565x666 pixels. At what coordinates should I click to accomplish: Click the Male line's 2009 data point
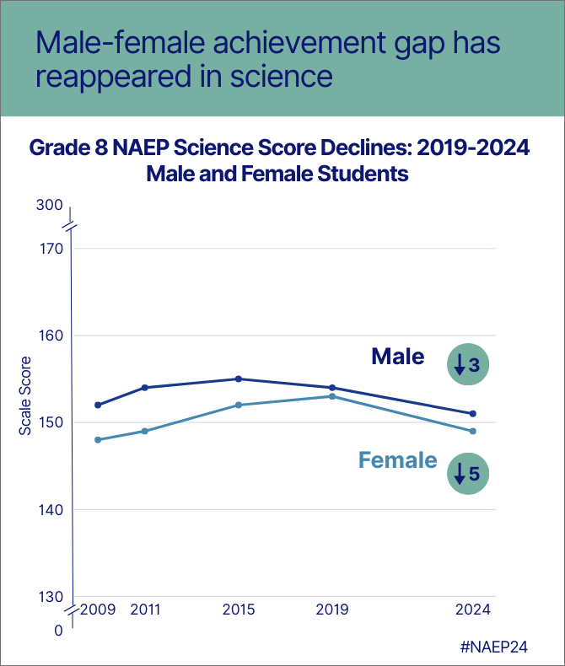click(x=98, y=405)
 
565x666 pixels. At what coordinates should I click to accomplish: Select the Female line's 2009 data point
click(x=98, y=439)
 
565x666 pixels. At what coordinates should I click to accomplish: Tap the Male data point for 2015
click(x=239, y=379)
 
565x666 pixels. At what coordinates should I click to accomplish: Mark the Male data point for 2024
click(x=473, y=413)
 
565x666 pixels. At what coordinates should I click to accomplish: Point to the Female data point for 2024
click(x=473, y=431)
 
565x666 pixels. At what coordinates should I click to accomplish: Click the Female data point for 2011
click(x=145, y=431)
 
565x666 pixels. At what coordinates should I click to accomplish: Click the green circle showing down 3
click(x=467, y=364)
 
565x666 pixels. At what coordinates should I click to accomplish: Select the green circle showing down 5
click(x=467, y=473)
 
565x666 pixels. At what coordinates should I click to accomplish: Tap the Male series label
click(x=398, y=357)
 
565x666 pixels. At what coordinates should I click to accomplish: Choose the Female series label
click(x=398, y=460)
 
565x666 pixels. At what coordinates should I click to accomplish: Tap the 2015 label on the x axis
click(x=239, y=610)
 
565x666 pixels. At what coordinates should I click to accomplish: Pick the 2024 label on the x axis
click(x=473, y=610)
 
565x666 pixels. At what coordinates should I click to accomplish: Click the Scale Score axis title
click(x=25, y=396)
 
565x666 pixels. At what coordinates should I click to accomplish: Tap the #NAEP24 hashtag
click(x=501, y=646)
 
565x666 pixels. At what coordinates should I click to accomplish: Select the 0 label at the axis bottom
click(x=58, y=630)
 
